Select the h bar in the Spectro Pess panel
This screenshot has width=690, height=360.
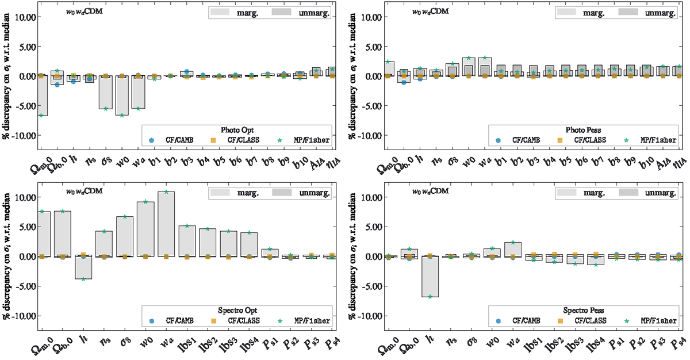pos(430,276)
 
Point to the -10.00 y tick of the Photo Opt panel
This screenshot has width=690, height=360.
pos(21,135)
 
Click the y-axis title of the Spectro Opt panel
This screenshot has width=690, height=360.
pos(6,258)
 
